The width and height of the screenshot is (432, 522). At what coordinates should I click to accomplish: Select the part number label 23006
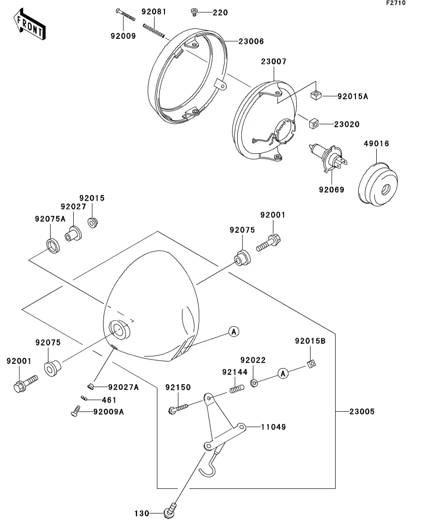click(x=251, y=42)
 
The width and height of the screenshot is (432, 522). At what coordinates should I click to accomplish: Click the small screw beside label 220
click(x=194, y=13)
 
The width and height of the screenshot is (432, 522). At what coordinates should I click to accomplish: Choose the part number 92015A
click(x=353, y=97)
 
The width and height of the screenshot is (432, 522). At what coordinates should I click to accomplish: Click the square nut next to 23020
click(x=314, y=124)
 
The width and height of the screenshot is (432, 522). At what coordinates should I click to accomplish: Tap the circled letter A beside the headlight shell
click(x=234, y=332)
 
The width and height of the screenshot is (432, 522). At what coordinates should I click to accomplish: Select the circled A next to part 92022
click(x=283, y=373)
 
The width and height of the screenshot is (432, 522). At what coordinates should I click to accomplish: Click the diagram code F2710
click(x=396, y=3)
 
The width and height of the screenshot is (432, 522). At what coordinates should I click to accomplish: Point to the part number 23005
click(x=362, y=411)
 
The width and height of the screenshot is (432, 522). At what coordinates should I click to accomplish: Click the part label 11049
click(x=273, y=427)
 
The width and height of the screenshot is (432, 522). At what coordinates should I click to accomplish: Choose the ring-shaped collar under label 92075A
click(x=53, y=246)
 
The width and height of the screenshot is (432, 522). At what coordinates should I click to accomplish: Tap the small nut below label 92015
click(x=93, y=222)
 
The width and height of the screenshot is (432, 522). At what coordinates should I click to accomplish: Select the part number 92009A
click(x=108, y=412)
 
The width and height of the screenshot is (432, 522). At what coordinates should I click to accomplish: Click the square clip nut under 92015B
click(x=311, y=364)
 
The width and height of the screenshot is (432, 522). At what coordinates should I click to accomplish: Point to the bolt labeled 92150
click(x=178, y=408)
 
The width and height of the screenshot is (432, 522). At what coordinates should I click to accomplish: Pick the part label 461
click(x=109, y=400)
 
